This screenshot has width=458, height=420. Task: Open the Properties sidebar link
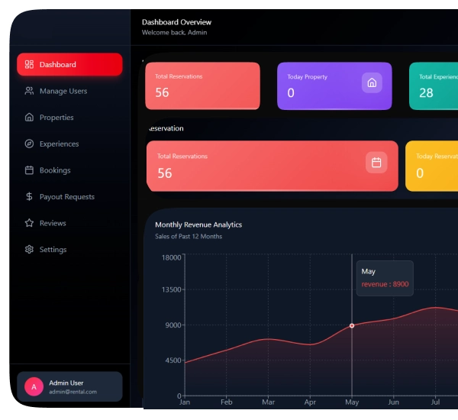click(x=56, y=118)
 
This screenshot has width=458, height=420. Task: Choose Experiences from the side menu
click(x=59, y=144)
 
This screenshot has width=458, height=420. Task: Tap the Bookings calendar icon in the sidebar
click(x=29, y=170)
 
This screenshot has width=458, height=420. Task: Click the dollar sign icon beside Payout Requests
click(x=29, y=197)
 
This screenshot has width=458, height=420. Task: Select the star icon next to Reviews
click(x=29, y=223)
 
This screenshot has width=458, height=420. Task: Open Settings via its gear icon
click(x=29, y=250)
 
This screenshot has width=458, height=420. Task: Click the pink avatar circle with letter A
click(x=34, y=386)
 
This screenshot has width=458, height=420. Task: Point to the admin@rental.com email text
click(x=73, y=392)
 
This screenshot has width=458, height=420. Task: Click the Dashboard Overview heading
click(x=176, y=22)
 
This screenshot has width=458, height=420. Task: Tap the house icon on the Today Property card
click(x=372, y=82)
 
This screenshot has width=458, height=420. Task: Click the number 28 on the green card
click(x=426, y=92)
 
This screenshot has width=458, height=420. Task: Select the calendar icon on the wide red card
click(x=376, y=163)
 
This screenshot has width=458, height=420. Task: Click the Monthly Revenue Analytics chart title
click(x=198, y=225)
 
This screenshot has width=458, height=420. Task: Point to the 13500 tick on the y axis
click(x=172, y=289)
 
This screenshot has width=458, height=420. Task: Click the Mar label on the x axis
click(x=268, y=402)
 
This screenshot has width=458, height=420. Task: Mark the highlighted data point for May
click(x=352, y=325)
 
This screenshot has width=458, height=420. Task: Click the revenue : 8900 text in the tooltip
click(x=385, y=284)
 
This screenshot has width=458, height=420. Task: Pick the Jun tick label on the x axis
click(x=393, y=402)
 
